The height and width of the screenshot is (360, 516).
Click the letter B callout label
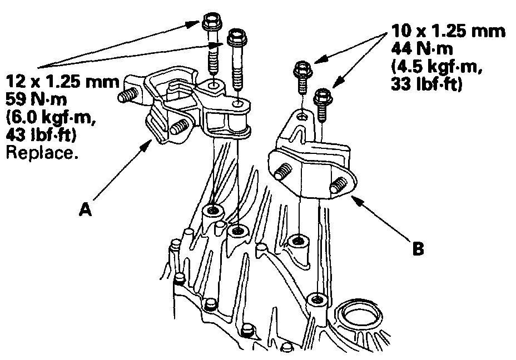(418, 248)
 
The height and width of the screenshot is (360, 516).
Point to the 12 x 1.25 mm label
(62, 84)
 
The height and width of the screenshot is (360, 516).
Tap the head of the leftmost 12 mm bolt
(212, 23)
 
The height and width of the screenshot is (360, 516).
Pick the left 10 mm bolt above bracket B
(301, 69)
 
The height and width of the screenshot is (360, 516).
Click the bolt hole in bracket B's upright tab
(301, 115)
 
